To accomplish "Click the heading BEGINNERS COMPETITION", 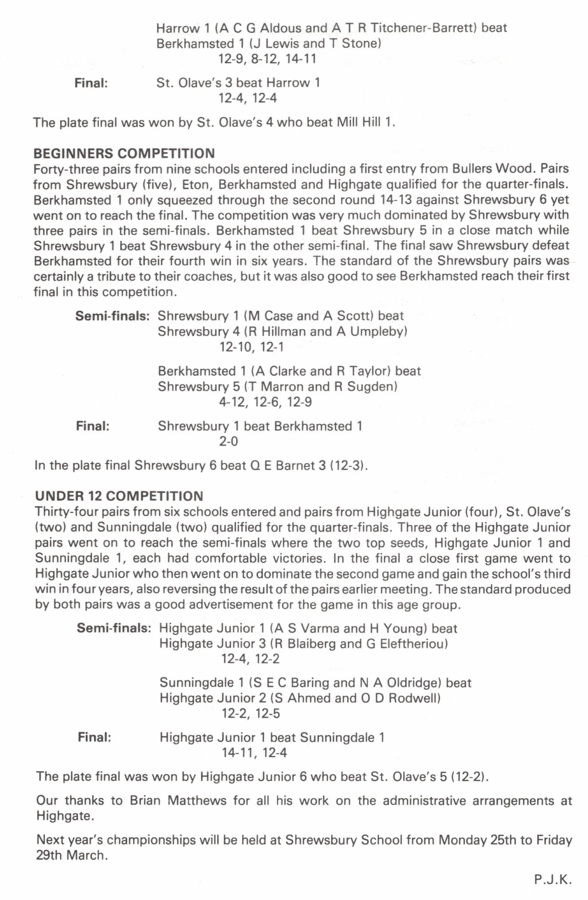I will (124, 153).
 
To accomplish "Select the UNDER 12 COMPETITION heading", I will (119, 496).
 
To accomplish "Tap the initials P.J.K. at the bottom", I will (552, 880).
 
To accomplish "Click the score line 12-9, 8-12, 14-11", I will (267, 59).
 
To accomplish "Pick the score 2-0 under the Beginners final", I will (228, 441).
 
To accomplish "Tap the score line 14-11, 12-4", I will (254, 753).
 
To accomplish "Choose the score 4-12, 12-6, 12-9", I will (266, 402).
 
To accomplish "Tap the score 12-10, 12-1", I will (251, 347).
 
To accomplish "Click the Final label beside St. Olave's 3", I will (91, 83).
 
